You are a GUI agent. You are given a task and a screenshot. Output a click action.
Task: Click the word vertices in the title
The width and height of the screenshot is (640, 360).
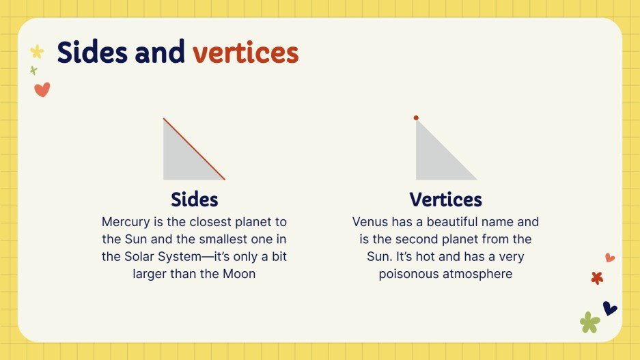pos(245,53)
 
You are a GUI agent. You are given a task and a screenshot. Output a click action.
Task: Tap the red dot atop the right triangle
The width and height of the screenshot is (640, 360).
pos(416,118)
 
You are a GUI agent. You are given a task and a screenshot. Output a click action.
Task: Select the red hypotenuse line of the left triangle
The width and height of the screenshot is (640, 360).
pos(194,149)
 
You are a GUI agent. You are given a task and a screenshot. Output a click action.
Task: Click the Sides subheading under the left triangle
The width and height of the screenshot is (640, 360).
pos(194,199)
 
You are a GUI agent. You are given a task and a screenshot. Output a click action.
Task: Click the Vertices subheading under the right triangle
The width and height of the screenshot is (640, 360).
pos(445,199)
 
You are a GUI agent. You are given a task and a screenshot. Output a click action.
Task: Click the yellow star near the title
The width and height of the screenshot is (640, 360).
pos(37,51)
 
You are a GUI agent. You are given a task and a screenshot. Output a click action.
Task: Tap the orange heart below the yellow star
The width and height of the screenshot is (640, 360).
pos(42,89)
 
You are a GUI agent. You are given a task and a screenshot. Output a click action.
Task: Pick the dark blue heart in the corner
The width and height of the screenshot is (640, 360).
pos(609,308)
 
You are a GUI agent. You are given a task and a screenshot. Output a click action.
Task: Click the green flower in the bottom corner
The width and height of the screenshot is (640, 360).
pos(589,322)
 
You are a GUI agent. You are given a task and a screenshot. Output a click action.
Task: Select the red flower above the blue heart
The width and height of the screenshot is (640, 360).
pos(597,278)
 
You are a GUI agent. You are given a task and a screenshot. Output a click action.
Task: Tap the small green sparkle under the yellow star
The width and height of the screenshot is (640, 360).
pos(33,70)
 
